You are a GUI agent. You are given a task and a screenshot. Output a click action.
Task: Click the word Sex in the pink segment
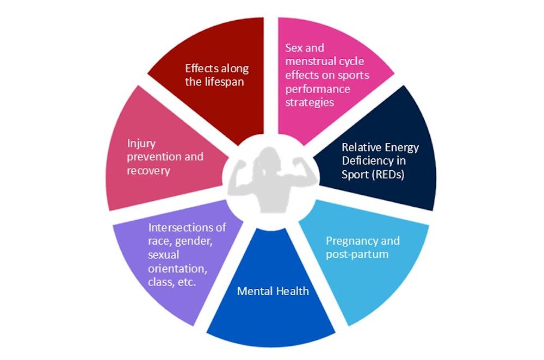tap(294, 48)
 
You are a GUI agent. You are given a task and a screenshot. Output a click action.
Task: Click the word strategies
tap(310, 102)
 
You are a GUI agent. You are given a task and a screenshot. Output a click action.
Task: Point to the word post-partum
tap(357, 254)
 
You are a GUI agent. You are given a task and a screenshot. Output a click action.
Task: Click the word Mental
tap(255, 291)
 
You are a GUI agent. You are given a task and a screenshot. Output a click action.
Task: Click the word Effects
tap(202, 69)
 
